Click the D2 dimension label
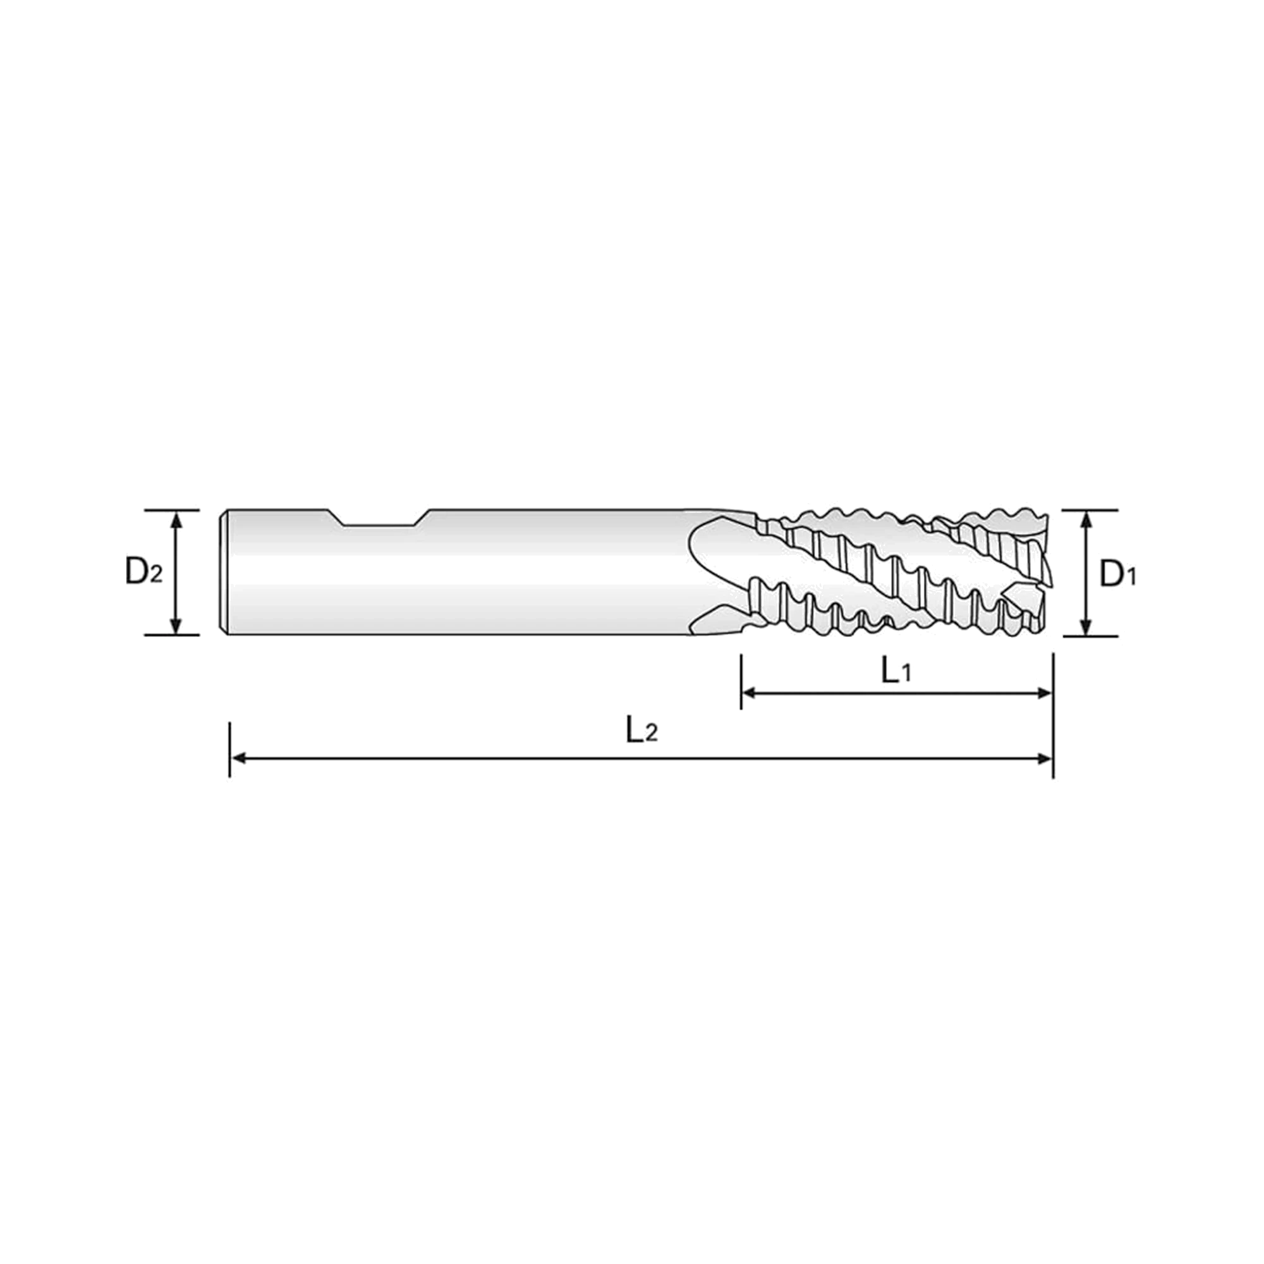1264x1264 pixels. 143,572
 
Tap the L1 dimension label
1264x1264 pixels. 896,671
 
